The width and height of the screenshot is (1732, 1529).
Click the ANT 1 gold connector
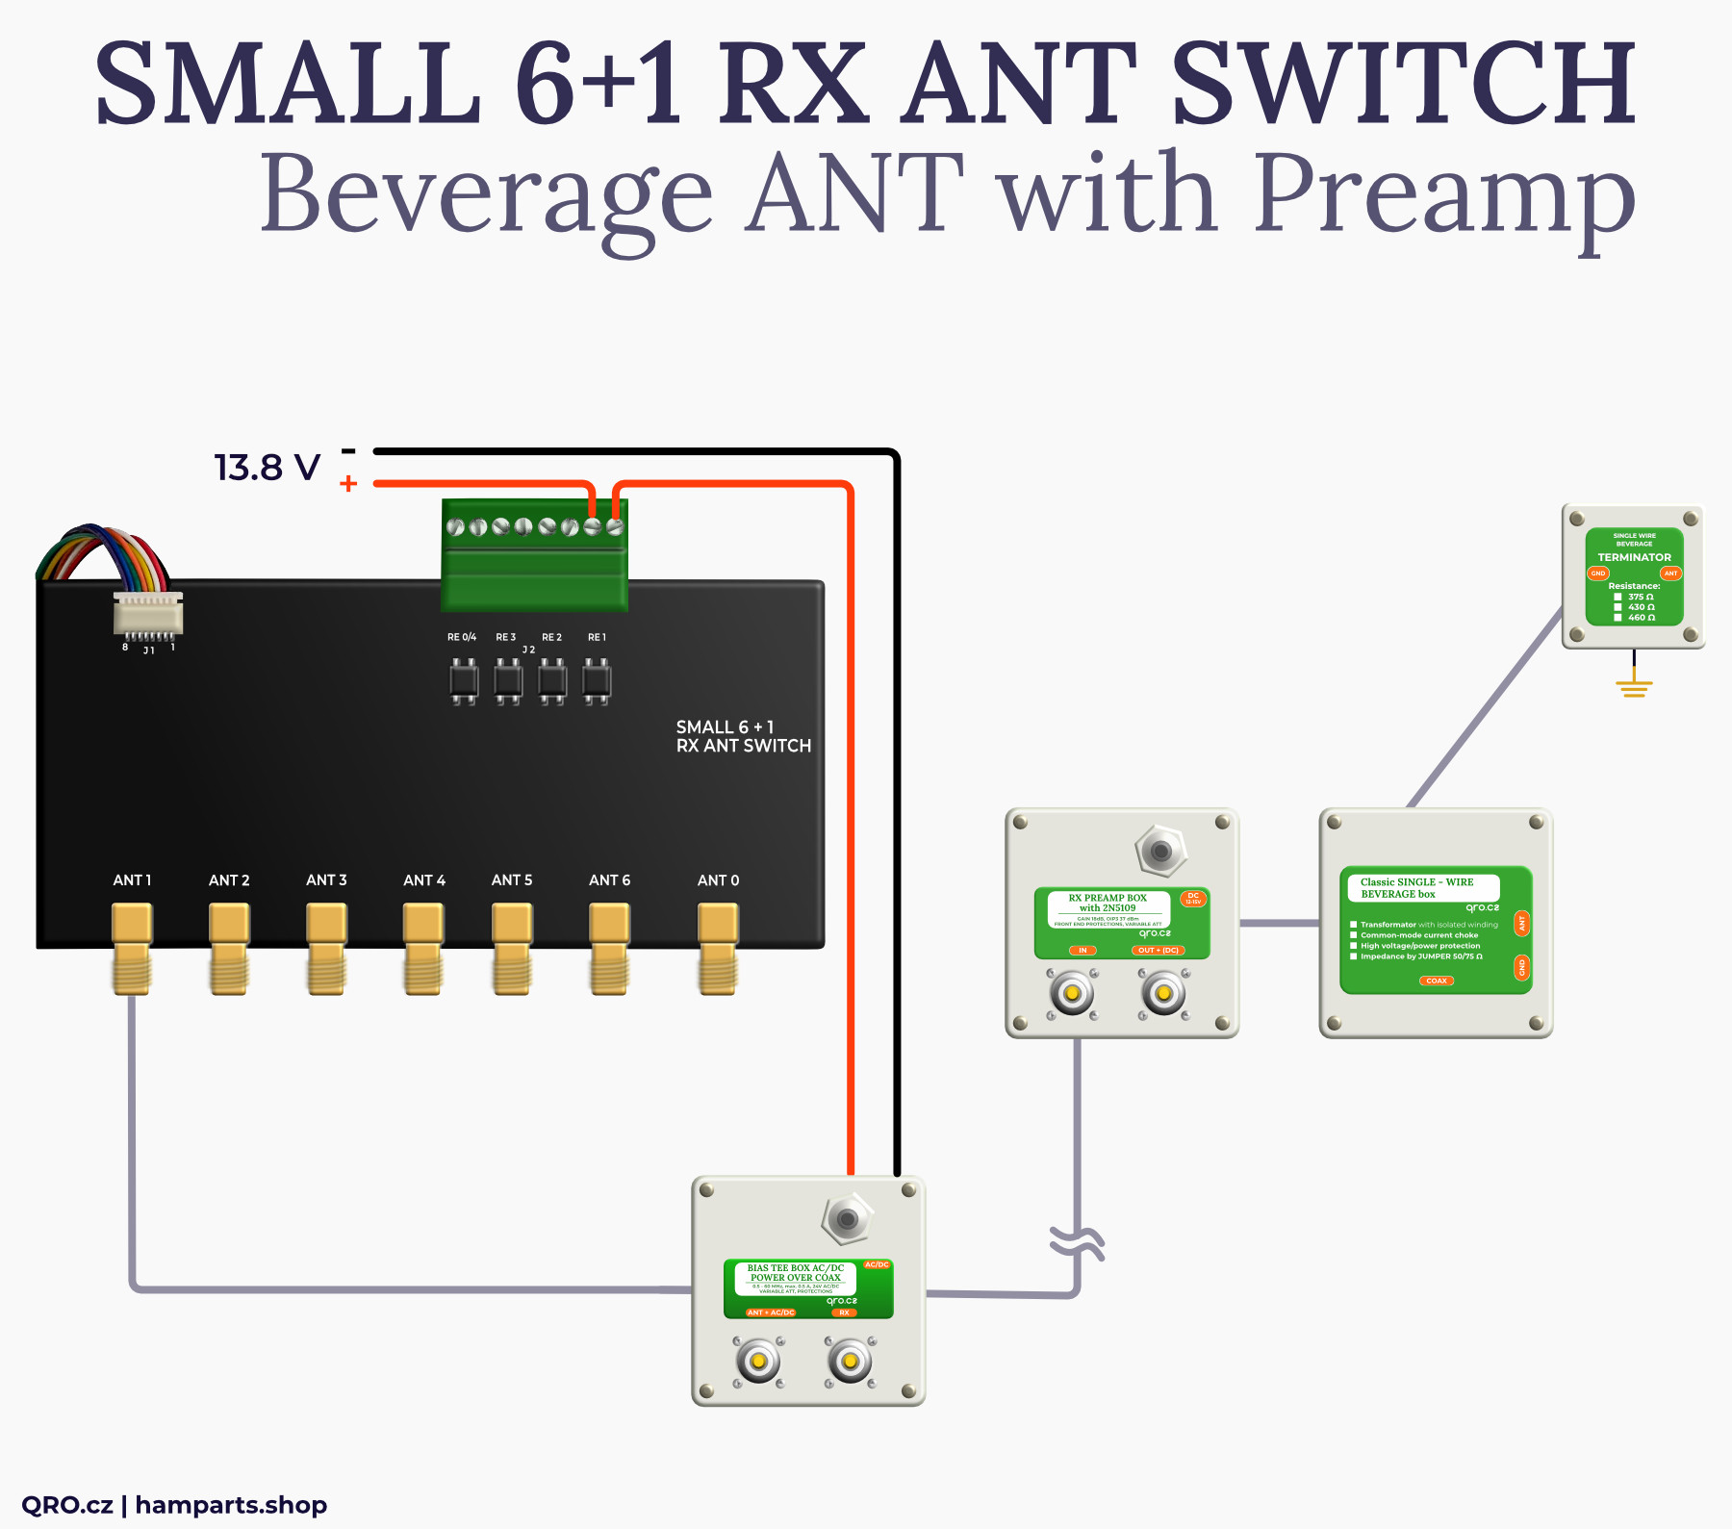tap(132, 948)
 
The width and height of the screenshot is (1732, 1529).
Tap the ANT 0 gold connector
tap(718, 948)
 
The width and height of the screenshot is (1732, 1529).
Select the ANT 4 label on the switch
tap(424, 880)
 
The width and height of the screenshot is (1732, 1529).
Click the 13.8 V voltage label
tap(267, 468)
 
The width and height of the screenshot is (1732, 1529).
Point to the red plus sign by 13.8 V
tap(348, 484)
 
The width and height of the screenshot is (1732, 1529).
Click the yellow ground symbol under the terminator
tap(1634, 687)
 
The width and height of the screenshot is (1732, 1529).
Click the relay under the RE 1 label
tap(597, 681)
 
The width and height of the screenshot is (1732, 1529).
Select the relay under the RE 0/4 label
tap(464, 681)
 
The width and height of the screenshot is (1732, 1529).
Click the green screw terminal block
tap(534, 555)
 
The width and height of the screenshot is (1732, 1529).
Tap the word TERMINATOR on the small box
tap(1634, 557)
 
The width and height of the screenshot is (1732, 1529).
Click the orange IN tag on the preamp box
tap(1082, 951)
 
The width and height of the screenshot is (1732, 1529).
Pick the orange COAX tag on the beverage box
tap(1437, 981)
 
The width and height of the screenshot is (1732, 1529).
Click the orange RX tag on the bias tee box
tap(844, 1312)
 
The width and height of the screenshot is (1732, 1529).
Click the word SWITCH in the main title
tap(1404, 85)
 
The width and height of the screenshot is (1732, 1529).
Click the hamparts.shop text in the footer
tap(231, 1505)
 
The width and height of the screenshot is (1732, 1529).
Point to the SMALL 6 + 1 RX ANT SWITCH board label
tap(743, 736)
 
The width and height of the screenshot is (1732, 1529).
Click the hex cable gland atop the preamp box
tap(1161, 851)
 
